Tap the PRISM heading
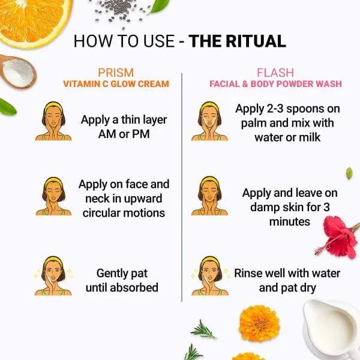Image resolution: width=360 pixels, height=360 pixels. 116,73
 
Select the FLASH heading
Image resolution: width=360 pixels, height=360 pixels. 275,73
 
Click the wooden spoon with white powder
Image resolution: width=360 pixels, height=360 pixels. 17,71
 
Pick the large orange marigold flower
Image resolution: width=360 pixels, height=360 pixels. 259,323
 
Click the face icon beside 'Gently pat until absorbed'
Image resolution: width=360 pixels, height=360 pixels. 53,275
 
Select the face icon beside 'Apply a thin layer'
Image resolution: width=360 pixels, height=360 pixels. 53,121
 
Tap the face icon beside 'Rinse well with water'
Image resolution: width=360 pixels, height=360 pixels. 209,275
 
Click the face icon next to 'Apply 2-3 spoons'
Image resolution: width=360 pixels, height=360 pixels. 209,121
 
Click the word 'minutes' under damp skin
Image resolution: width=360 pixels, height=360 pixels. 290,222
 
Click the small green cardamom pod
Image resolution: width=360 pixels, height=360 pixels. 349,173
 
